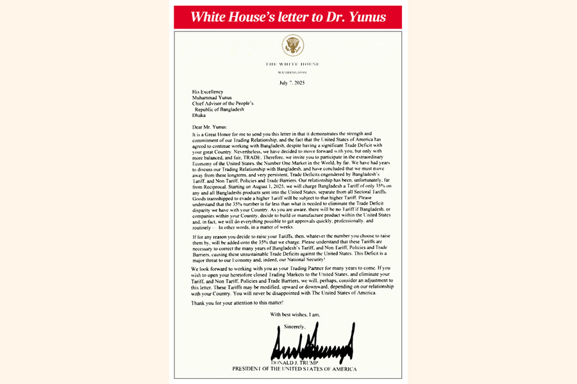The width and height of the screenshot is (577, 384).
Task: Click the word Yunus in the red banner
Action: click(x=364, y=17)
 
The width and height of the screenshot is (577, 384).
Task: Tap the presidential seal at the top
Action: click(x=292, y=45)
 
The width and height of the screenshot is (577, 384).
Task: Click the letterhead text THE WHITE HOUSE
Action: click(x=292, y=65)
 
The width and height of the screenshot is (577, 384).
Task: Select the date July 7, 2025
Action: click(x=292, y=83)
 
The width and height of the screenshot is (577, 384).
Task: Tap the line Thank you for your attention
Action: click(x=238, y=303)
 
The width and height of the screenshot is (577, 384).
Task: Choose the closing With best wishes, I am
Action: click(x=296, y=315)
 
